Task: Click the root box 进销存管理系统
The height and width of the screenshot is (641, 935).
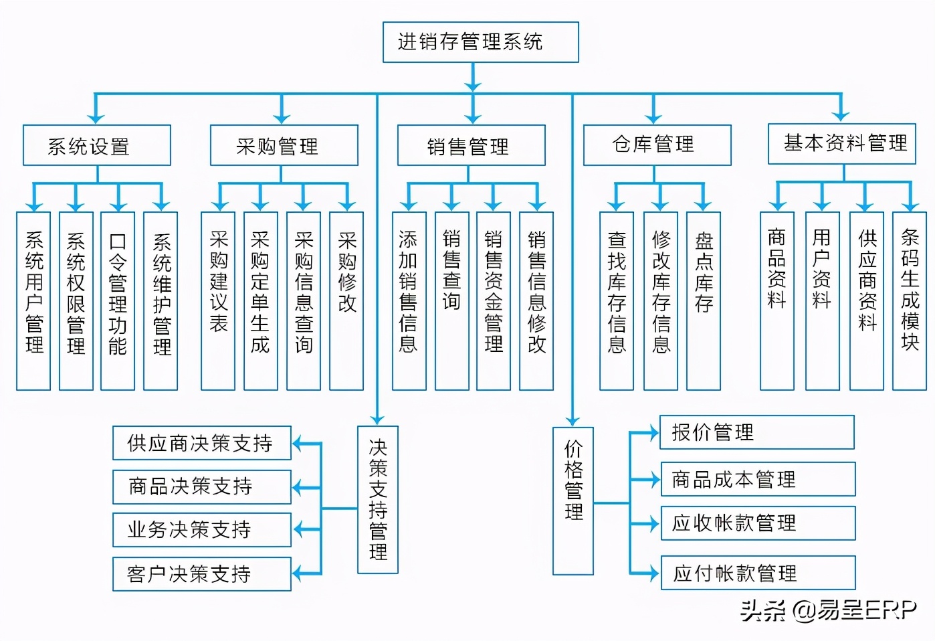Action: pos(480,42)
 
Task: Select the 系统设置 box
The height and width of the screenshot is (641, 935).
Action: pos(97,145)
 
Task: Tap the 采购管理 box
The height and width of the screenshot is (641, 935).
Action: pos(284,145)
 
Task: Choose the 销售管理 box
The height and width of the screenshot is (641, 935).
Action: pos(471,145)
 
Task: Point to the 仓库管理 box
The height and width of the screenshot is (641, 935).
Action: pos(657,145)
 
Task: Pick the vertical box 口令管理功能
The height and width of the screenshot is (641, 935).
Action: pos(118,300)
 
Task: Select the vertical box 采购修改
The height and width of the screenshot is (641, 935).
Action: pos(346,300)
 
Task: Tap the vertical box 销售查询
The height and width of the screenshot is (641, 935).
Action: pos(451,300)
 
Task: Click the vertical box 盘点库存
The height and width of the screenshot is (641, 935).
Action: pos(703,300)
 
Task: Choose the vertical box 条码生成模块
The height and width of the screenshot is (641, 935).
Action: pos(910,300)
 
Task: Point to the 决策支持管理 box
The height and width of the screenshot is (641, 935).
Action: pos(378,499)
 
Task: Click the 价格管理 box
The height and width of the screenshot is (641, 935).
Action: pos(573,500)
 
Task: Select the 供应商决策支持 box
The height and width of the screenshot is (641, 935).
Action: pos(201,443)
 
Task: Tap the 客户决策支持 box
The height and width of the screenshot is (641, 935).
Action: pos(201,573)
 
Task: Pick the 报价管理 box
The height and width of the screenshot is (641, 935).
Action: pos(757,432)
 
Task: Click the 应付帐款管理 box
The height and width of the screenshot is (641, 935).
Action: pos(758,573)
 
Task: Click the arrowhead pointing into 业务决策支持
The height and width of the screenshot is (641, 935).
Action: pos(299,530)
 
